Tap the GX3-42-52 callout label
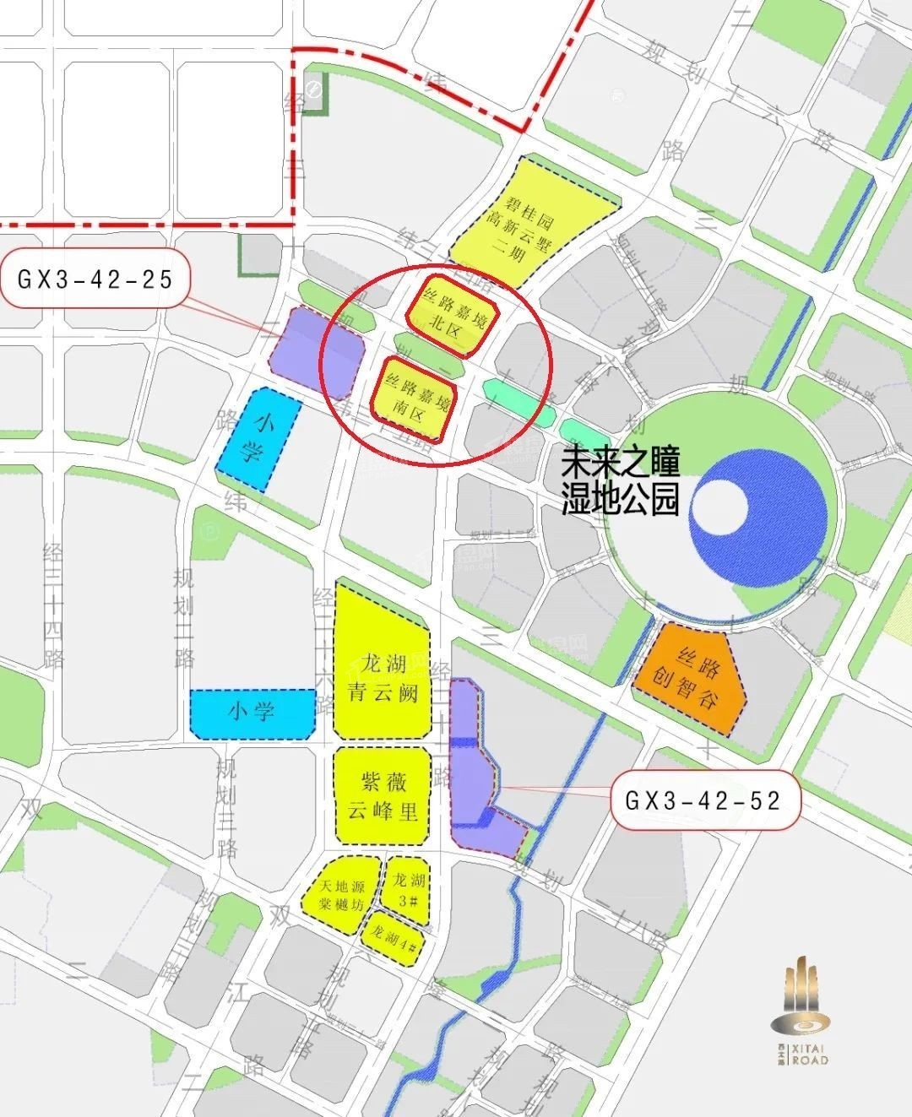point(704,800)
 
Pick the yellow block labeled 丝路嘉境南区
point(416,399)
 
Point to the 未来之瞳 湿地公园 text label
point(621,480)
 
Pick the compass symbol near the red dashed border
point(313,90)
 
